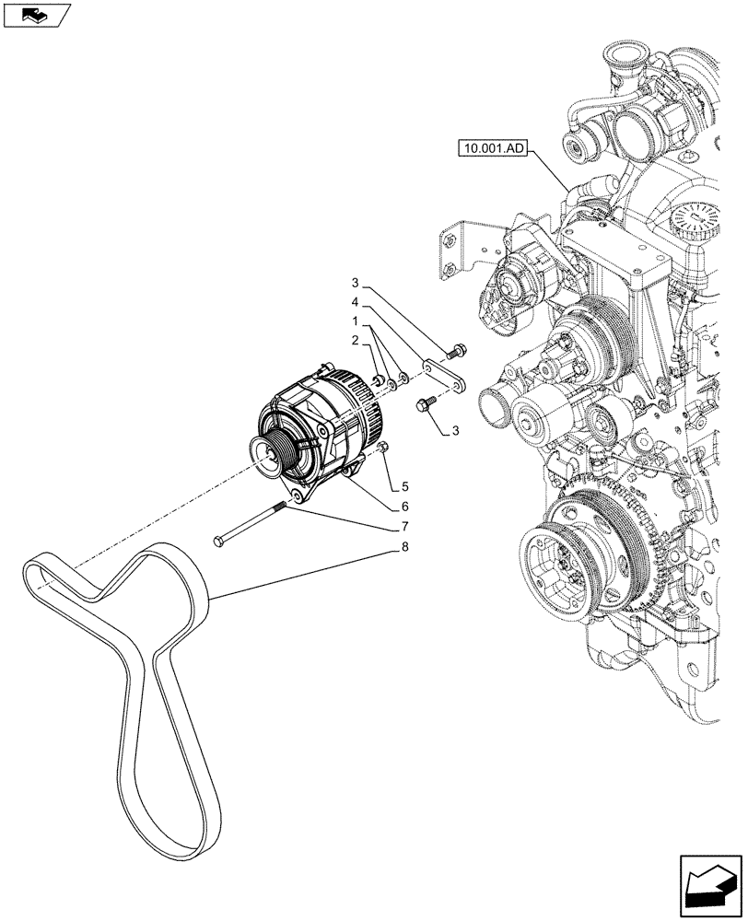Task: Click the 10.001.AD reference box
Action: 490,146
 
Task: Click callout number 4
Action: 355,302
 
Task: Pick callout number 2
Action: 355,342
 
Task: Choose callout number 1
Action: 355,322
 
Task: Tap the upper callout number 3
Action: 355,282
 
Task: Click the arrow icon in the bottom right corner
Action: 710,882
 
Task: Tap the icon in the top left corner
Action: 35,15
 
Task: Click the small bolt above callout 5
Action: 384,448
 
